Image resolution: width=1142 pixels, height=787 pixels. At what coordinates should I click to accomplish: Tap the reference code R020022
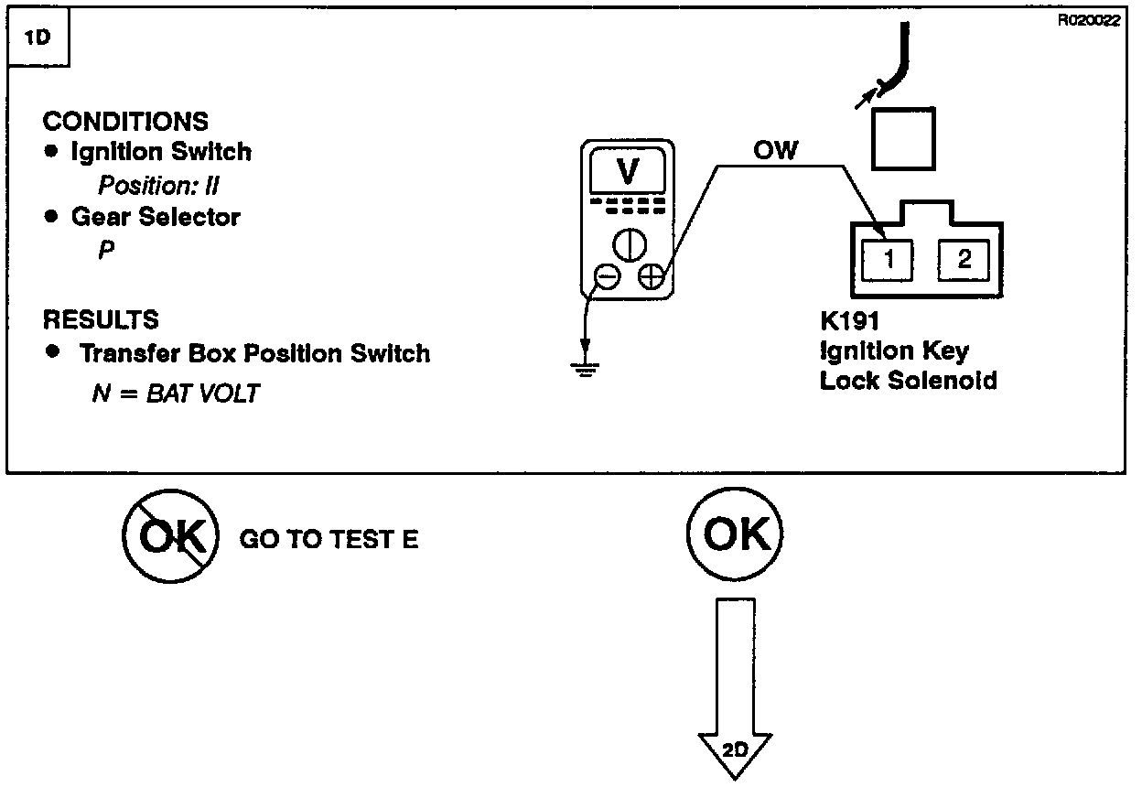[x=1088, y=22]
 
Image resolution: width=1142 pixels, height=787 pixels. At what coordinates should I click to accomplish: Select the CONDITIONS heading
[x=125, y=122]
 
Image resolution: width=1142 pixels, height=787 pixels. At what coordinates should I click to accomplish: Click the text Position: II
[x=158, y=186]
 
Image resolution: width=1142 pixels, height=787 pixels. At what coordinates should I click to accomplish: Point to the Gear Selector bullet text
[x=156, y=218]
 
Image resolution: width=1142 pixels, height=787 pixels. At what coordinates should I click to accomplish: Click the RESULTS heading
[x=101, y=320]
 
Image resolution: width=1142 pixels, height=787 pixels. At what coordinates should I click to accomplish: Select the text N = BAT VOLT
[x=176, y=393]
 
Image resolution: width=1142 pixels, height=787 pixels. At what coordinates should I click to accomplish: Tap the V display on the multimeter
[x=628, y=171]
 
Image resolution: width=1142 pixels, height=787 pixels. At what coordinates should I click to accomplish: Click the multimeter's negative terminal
[x=606, y=276]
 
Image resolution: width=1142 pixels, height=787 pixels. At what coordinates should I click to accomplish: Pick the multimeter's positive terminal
[x=651, y=276]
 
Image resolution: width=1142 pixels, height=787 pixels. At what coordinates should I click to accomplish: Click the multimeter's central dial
[x=629, y=244]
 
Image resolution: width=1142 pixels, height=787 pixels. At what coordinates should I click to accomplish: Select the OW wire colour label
[x=775, y=150]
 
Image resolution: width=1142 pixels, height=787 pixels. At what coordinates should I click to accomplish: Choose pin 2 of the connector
[x=964, y=260]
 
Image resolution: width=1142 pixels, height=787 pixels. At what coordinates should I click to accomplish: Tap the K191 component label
[x=850, y=322]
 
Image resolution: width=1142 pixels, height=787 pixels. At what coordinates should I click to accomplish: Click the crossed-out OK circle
[x=170, y=536]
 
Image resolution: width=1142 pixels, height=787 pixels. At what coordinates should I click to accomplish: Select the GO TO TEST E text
[x=329, y=539]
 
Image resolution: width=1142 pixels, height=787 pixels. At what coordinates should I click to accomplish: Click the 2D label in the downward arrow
[x=735, y=749]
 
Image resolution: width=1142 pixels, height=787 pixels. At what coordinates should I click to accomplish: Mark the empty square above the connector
[x=903, y=137]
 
